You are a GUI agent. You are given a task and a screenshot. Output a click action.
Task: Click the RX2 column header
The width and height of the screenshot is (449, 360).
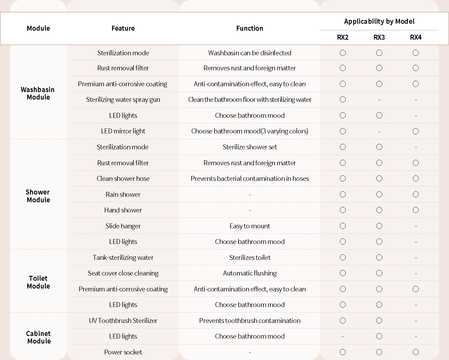343,37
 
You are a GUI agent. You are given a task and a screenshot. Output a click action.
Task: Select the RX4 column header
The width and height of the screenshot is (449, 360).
416,37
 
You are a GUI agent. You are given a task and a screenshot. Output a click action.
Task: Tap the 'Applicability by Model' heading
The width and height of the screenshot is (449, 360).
379,21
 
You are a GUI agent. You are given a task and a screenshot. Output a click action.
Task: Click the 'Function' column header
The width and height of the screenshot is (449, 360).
250,28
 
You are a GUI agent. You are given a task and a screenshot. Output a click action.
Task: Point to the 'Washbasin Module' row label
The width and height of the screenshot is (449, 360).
38,93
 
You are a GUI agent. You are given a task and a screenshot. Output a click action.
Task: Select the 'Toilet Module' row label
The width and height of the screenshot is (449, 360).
38,282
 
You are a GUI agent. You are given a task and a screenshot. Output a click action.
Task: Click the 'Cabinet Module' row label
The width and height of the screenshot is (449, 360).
39,337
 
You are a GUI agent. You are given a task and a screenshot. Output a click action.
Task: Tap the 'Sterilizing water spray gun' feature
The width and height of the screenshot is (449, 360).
123,100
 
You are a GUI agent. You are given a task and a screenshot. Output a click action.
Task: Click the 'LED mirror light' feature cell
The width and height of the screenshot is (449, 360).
123,131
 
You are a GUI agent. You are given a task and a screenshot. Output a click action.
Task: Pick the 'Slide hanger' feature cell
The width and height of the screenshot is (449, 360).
123,226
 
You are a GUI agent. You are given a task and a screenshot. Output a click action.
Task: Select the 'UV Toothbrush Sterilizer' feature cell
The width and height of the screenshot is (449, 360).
123,321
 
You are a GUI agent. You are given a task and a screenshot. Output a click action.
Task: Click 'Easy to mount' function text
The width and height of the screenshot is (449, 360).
250,226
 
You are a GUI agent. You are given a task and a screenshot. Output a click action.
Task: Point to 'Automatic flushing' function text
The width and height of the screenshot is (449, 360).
250,273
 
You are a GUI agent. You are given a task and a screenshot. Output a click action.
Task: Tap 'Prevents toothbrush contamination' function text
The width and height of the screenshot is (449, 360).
250,321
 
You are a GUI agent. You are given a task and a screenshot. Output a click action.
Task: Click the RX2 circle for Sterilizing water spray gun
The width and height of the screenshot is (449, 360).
343,100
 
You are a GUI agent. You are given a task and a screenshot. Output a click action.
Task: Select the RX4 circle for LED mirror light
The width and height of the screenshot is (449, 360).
416,131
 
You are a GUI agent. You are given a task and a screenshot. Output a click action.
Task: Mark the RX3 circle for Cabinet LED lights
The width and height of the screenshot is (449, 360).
379,336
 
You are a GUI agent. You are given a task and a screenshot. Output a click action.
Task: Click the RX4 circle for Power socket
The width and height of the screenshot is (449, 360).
416,352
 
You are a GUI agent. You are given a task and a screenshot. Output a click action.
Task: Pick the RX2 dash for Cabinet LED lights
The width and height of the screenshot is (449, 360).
343,337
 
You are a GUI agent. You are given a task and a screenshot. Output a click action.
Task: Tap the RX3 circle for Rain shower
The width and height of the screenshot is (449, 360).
379,194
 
